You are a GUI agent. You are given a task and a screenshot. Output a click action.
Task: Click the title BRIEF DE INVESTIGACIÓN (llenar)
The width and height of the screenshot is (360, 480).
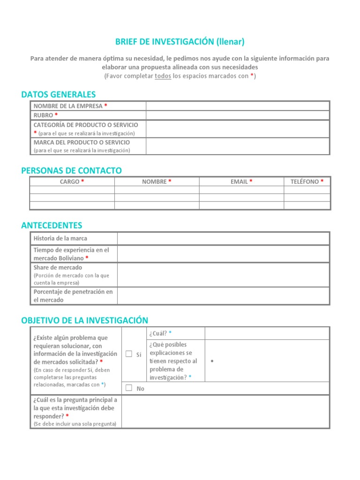pos(180,42)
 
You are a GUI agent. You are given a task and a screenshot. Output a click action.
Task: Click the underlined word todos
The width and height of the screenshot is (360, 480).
pos(163,76)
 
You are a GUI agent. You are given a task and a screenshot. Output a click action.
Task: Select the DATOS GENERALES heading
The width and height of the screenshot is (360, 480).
pos(58,95)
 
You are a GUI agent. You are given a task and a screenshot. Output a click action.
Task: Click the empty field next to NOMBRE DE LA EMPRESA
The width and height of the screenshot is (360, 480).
pos(238,106)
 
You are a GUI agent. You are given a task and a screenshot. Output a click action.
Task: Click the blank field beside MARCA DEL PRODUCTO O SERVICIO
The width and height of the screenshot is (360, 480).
pos(238,146)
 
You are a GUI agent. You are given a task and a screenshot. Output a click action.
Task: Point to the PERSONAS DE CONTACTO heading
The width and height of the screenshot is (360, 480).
pos(71,171)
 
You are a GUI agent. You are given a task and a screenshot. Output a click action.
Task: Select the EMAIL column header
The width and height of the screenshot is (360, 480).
pos(241,181)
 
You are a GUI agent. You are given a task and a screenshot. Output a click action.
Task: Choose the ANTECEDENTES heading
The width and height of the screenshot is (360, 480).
pos(52,225)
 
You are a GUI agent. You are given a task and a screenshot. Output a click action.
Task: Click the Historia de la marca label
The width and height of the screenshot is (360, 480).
pos(60,239)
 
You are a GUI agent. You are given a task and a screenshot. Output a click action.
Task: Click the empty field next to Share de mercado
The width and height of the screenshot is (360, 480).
pos(224,275)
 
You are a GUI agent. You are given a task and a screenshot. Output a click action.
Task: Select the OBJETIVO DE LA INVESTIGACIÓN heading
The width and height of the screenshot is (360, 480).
pos(84,320)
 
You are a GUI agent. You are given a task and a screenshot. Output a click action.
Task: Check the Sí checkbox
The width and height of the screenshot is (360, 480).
pos(129,354)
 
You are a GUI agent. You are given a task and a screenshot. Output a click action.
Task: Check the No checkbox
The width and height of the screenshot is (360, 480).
pos(129,388)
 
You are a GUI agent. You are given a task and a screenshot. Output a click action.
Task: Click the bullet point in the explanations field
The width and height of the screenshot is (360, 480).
pos(213,361)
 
